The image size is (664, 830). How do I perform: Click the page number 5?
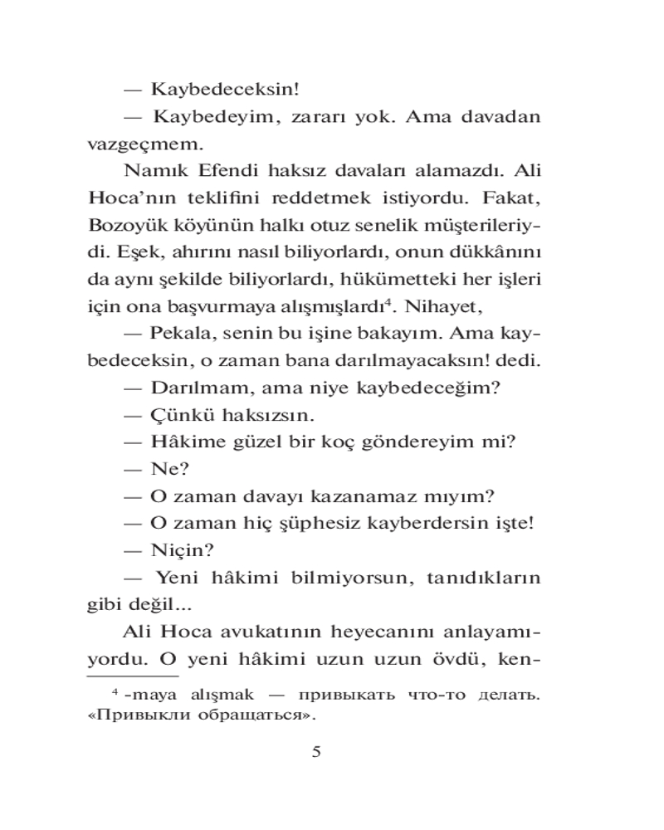[315, 753]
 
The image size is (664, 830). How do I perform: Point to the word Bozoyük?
[124, 225]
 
